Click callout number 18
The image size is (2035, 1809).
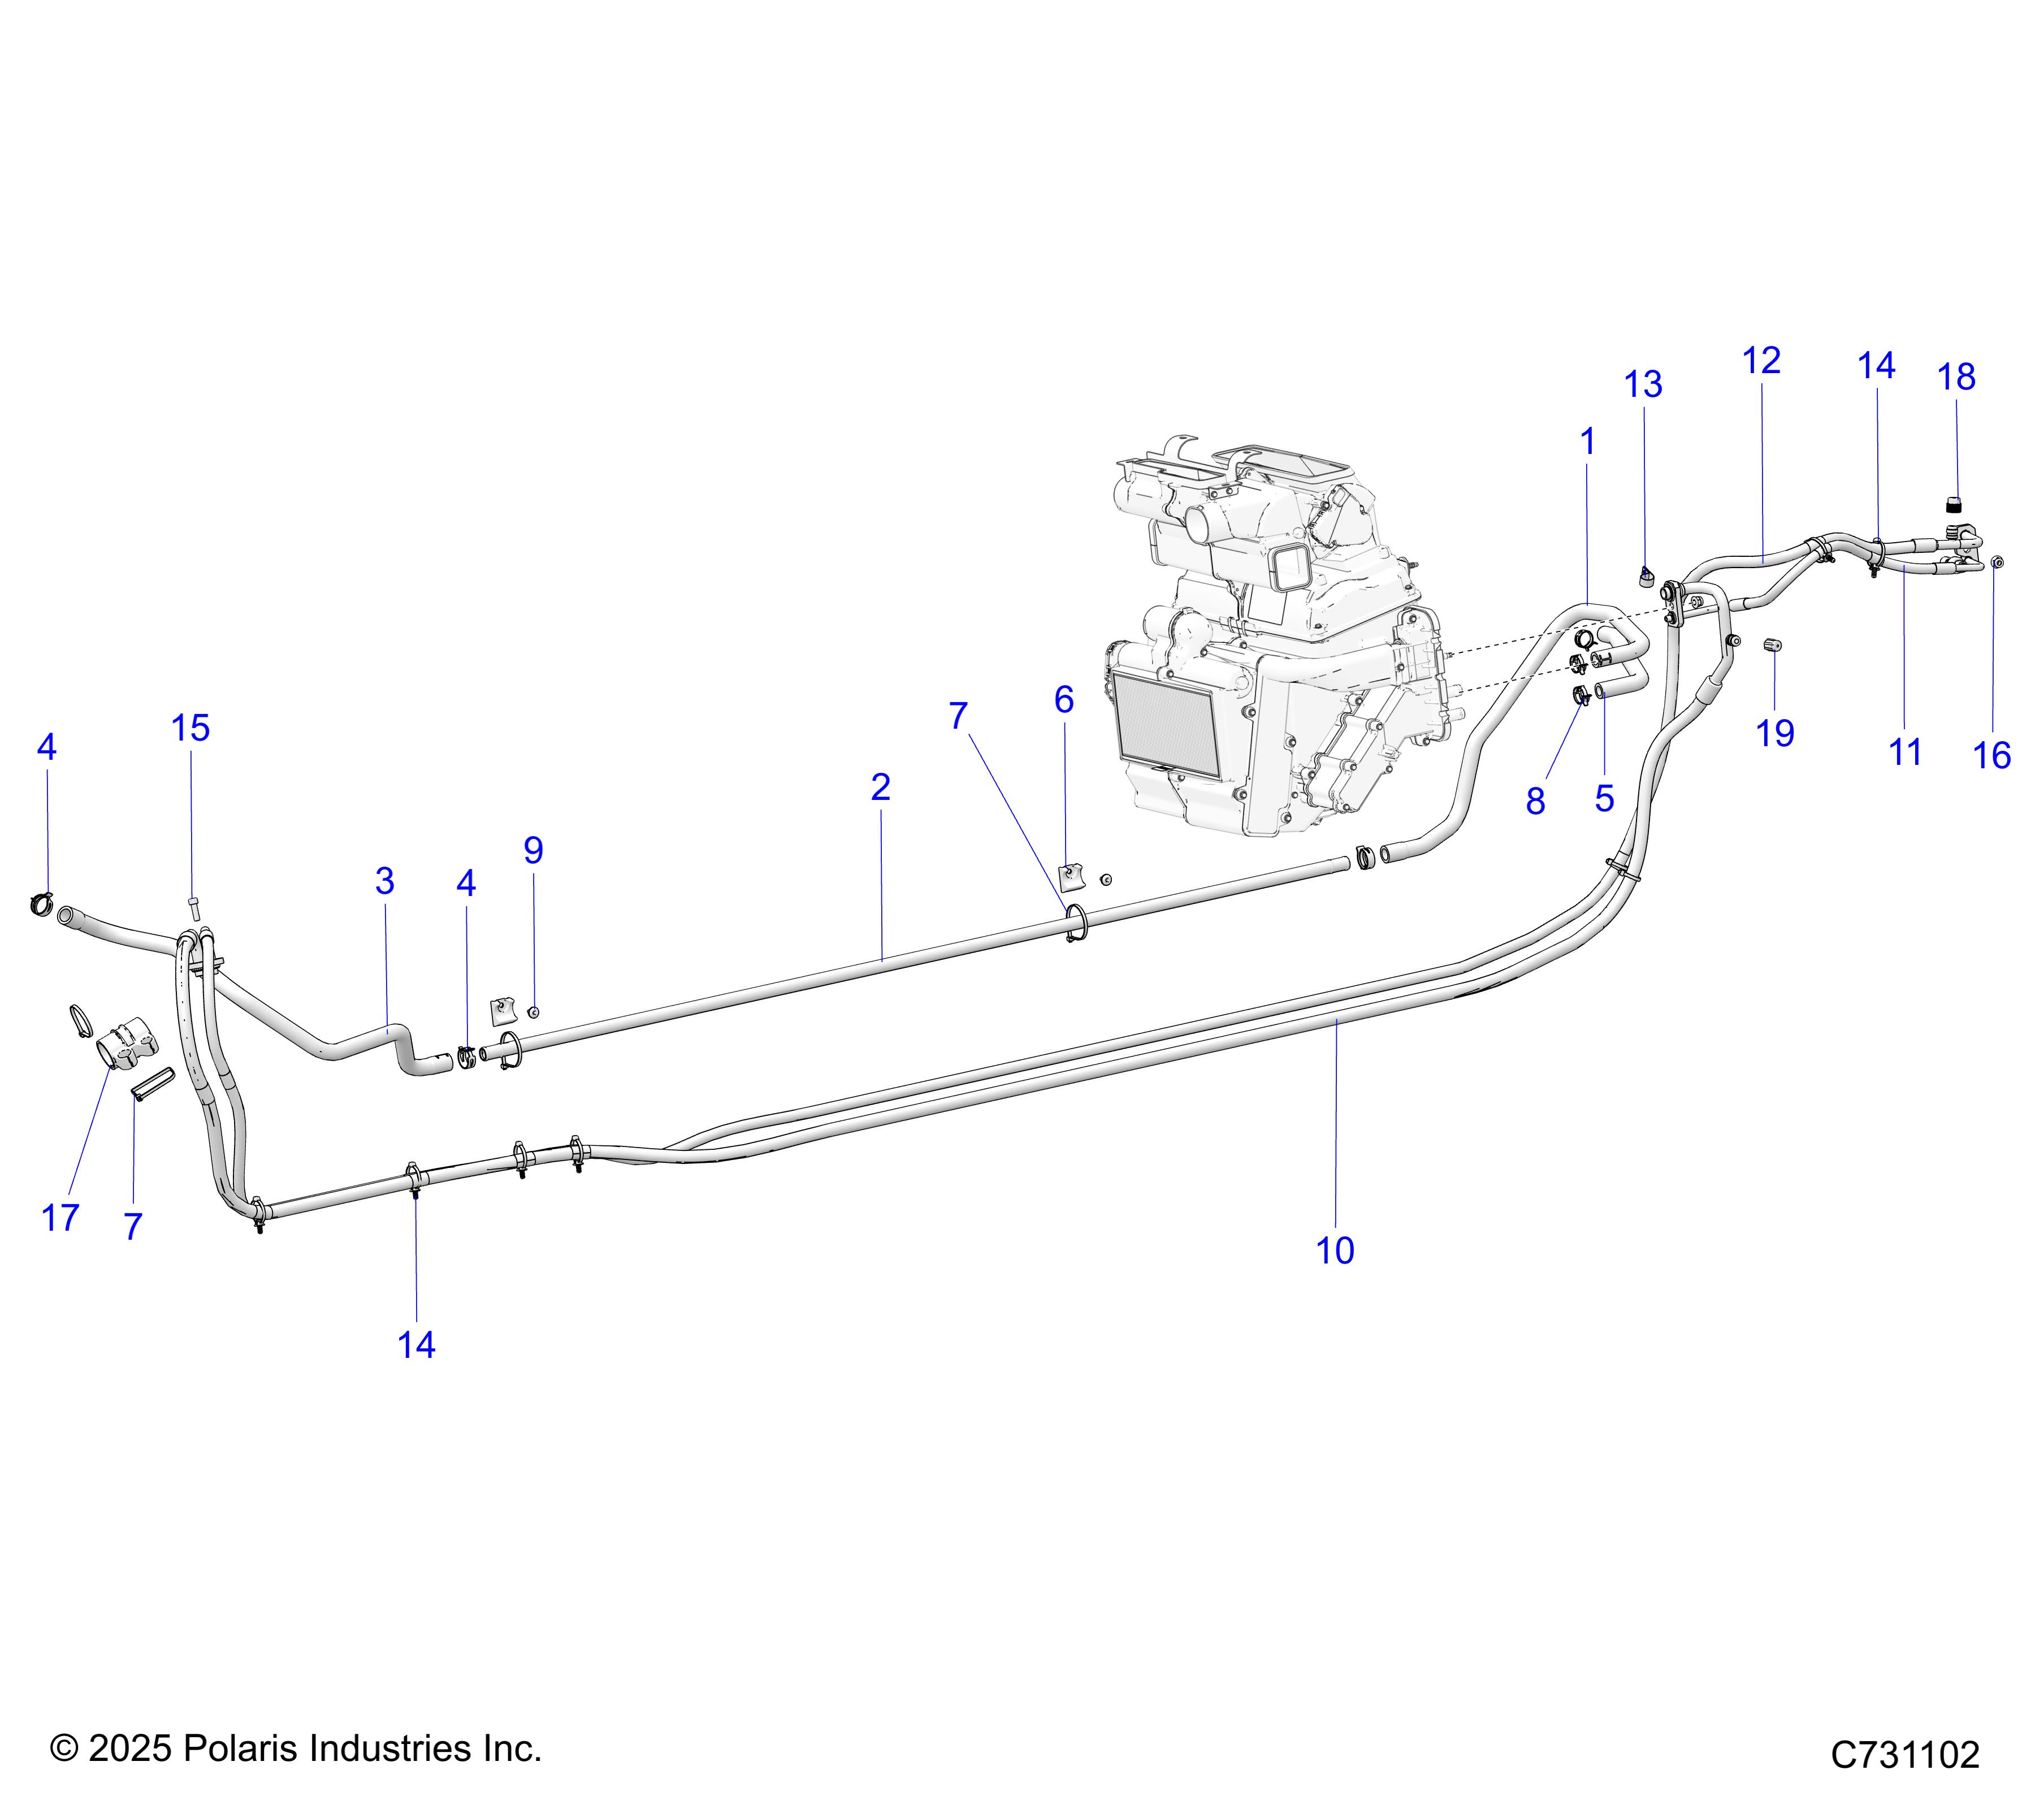(1956, 377)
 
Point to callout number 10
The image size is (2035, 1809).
(1335, 1250)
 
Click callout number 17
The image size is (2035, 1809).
(60, 1217)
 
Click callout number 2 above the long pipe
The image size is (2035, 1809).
(880, 787)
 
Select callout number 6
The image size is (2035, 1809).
(1063, 700)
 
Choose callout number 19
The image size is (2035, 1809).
(1774, 733)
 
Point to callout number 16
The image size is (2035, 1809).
(1992, 756)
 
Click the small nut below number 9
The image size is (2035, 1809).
(534, 1012)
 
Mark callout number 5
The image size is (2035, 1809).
(1604, 798)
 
